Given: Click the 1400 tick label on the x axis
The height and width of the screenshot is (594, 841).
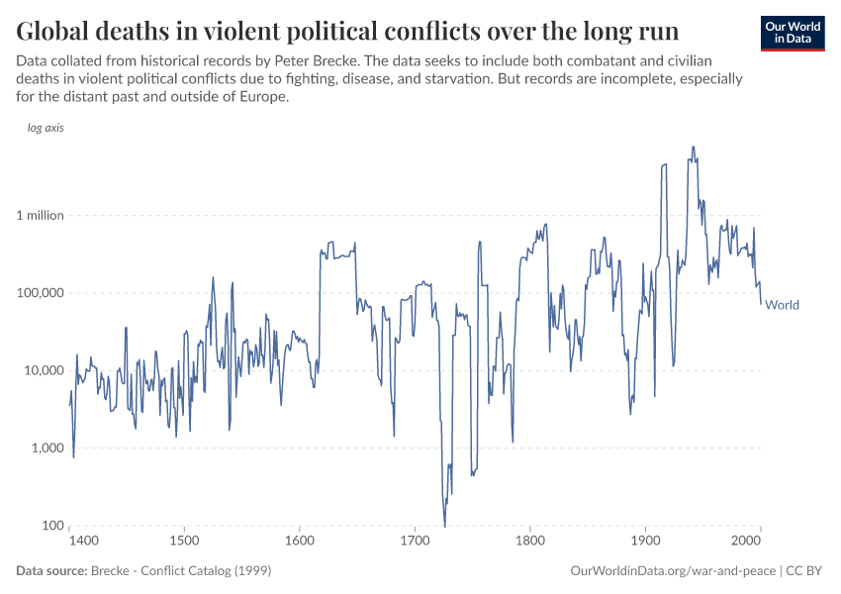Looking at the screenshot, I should pyautogui.click(x=83, y=542).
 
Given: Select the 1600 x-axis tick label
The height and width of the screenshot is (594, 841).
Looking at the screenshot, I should pyautogui.click(x=299, y=542).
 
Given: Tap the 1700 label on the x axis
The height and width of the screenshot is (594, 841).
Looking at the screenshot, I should pyautogui.click(x=415, y=542).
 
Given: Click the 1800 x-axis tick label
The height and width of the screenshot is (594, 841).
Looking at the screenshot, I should pyautogui.click(x=530, y=542).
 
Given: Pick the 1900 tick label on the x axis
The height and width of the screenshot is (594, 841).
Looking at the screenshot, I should pyautogui.click(x=645, y=542).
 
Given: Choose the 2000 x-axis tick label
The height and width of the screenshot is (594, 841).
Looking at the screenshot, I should pyautogui.click(x=744, y=542).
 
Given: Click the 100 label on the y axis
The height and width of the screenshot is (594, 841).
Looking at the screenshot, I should pyautogui.click(x=52, y=526).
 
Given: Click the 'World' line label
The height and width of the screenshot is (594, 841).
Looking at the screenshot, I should pyautogui.click(x=782, y=305).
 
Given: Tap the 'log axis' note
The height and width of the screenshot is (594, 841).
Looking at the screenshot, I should pyautogui.click(x=46, y=129).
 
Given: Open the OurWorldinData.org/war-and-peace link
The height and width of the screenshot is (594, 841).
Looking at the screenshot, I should pyautogui.click(x=674, y=571).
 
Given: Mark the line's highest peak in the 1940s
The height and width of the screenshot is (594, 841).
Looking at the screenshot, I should pyautogui.click(x=694, y=148).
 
